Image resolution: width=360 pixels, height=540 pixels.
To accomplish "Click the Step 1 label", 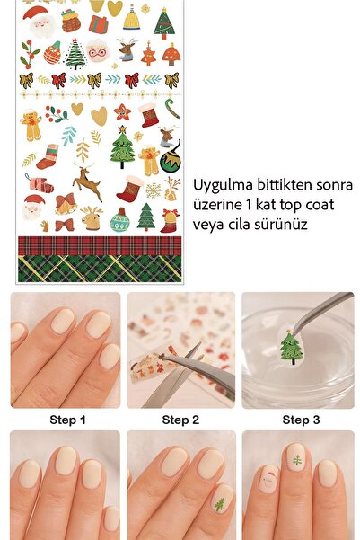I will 66,420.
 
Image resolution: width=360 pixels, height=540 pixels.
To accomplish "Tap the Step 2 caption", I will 180,420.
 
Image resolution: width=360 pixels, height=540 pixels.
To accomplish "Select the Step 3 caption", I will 301,420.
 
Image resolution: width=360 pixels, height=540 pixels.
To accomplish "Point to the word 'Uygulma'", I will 222,185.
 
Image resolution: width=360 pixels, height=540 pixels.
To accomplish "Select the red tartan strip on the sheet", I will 99,245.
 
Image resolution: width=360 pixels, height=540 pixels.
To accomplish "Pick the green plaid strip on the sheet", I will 99,268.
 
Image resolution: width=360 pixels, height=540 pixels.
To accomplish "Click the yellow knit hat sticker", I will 132,18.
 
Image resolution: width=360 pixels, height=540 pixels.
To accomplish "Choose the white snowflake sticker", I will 154,190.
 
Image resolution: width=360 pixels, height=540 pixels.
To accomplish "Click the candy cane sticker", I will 171,113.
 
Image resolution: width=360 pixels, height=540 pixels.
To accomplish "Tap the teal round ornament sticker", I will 119,220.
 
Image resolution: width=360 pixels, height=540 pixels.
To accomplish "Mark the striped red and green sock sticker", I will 47,157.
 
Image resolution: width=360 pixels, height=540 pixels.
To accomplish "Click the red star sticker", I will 122,112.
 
